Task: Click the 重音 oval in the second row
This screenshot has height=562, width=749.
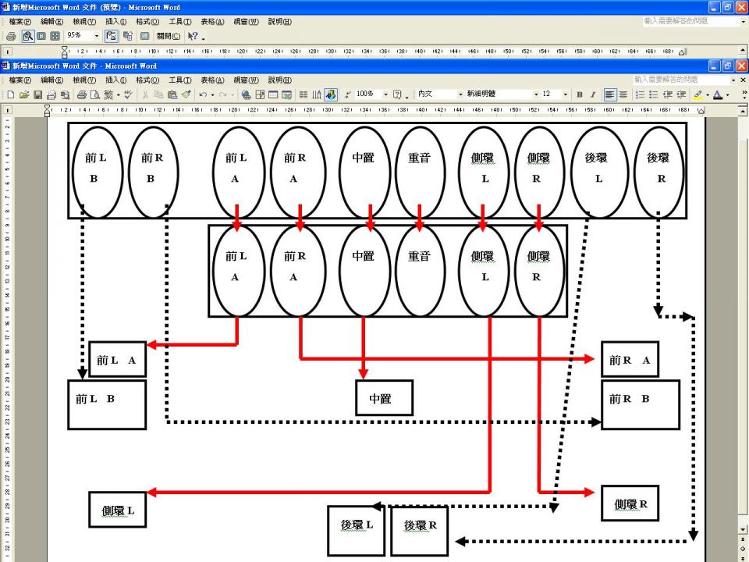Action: [419, 270]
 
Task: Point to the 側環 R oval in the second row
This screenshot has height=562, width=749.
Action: [538, 270]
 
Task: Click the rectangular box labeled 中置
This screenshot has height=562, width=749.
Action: [384, 398]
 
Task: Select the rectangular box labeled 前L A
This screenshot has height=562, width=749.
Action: [117, 360]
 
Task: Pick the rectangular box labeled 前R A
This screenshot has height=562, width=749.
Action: [630, 360]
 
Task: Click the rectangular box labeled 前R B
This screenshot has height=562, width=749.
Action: [640, 404]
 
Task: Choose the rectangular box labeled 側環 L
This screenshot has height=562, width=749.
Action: [118, 510]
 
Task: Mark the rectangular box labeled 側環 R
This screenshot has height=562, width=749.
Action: [630, 503]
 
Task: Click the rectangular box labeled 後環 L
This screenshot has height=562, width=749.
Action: [356, 530]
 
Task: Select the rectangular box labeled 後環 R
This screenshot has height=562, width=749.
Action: [420, 530]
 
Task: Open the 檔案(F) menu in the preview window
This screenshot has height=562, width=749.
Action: [20, 21]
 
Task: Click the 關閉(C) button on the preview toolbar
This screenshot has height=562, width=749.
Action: [167, 36]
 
